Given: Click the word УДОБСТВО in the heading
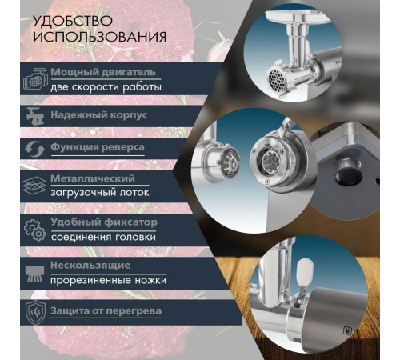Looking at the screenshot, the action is [x=73, y=21].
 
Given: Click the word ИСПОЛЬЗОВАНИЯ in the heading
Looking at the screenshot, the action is [x=100, y=37].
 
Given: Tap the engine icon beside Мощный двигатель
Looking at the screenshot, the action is [x=35, y=78].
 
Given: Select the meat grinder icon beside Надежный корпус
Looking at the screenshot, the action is [x=35, y=116].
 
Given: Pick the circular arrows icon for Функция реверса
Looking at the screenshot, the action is [x=34, y=149].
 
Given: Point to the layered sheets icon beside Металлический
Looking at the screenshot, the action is [x=34, y=186].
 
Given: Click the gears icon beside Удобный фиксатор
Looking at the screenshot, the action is [x=35, y=230].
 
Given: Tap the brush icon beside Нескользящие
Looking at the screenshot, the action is [x=34, y=274].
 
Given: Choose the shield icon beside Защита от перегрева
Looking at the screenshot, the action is [x=35, y=312].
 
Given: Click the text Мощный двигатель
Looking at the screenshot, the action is [x=103, y=72].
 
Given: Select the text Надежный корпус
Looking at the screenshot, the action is [x=99, y=115].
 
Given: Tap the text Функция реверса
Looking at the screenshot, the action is [x=98, y=147].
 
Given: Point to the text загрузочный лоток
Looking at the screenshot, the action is [x=100, y=193].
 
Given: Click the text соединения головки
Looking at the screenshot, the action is [x=103, y=237].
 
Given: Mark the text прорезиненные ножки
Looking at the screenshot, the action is [x=108, y=281].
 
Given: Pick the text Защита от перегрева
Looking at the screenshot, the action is [x=106, y=311].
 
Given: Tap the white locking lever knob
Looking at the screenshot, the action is [x=305, y=271].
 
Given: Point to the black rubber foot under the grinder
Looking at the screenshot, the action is [x=346, y=171].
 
